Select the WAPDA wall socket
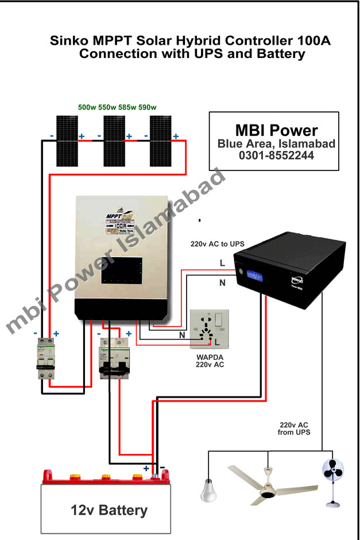(210, 329)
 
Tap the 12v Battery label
(109, 510)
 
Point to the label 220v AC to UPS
(218, 244)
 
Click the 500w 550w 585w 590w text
(117, 107)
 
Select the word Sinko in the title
(68, 41)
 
